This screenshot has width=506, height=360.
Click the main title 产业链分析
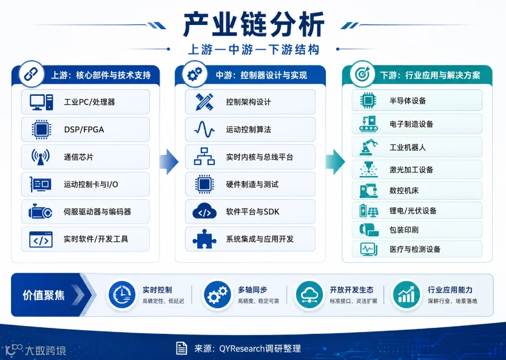point(254,24)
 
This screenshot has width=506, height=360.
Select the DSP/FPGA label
point(84,129)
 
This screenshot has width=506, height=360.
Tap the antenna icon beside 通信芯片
point(40,157)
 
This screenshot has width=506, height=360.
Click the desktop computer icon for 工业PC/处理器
point(41,103)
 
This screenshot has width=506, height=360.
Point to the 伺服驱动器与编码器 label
point(97,212)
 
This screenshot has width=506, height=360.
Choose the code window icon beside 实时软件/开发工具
point(41,239)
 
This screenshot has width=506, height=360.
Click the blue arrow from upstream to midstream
point(169,161)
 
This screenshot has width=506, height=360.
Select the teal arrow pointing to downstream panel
point(335,161)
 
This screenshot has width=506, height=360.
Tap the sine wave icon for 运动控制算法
point(204,129)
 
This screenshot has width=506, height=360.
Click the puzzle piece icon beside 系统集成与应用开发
point(204,239)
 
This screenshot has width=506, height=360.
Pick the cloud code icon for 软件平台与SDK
point(204,212)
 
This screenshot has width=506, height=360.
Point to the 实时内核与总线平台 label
point(260,157)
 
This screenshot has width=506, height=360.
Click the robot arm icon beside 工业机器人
point(368,148)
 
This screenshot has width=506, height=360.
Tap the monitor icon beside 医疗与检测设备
point(368,250)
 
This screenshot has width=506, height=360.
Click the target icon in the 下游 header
point(362,74)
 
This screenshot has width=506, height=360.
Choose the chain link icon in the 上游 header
point(31,74)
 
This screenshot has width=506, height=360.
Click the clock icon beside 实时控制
point(122,295)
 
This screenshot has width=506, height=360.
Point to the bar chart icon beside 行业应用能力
point(406,295)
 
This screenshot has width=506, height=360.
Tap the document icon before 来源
point(181,348)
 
